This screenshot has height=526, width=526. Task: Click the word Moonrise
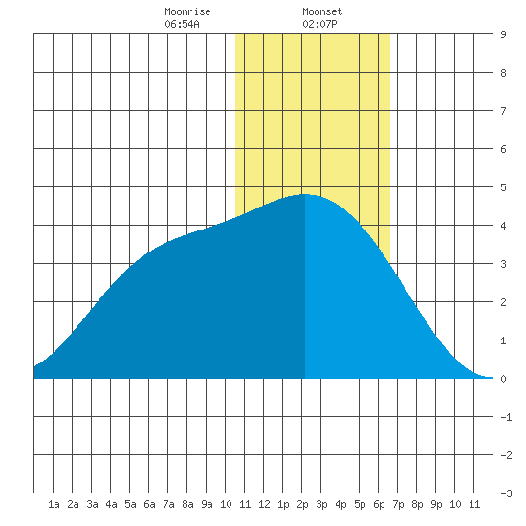[187, 11]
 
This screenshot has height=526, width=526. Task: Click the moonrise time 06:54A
[182, 24]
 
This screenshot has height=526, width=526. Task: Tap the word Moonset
[322, 11]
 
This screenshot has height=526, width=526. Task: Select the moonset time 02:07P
[319, 24]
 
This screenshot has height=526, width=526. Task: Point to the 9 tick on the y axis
[503, 34]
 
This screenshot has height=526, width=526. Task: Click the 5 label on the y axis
[503, 187]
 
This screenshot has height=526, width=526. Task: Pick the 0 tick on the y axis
[503, 379]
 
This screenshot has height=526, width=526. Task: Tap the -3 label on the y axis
[506, 493]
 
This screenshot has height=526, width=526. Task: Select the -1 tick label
[506, 417]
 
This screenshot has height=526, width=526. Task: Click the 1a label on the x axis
[54, 504]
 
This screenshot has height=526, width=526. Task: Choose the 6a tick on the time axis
[149, 504]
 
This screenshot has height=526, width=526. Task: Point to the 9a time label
[207, 504]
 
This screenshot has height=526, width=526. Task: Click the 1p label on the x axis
[283, 504]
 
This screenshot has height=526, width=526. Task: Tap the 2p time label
[302, 504]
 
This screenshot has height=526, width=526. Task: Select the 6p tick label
[379, 504]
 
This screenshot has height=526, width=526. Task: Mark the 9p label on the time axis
[436, 504]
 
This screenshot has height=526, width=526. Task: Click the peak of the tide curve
[305, 194]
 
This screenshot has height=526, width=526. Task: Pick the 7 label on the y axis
[503, 111]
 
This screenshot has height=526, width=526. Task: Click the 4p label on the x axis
[340, 504]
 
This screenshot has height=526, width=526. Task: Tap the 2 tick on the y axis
[503, 302]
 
